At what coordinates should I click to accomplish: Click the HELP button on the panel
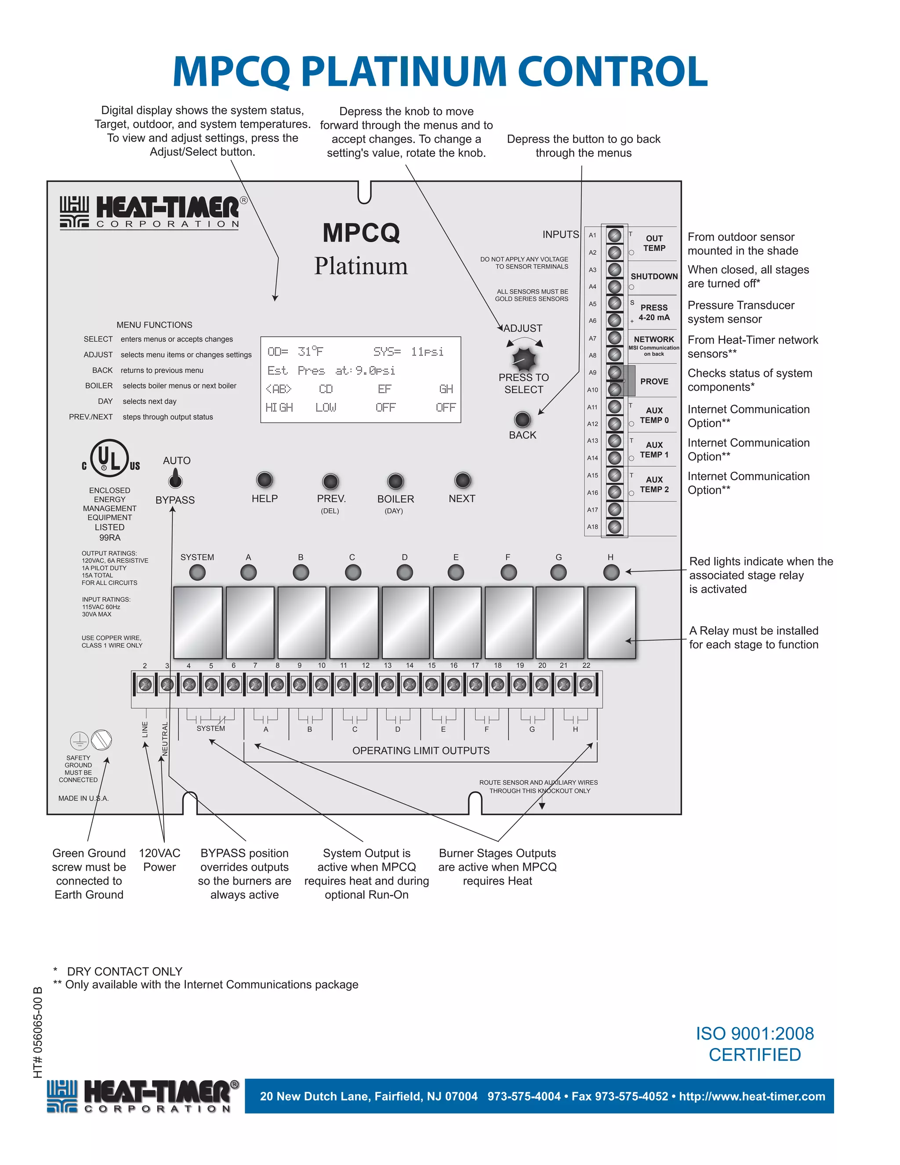tap(265, 480)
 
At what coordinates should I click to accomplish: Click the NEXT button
tap(462, 480)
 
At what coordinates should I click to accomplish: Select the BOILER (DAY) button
tap(395, 481)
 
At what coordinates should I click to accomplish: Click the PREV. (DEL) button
tap(330, 481)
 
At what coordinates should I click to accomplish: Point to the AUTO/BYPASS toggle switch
tap(175, 480)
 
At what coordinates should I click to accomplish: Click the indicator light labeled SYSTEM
tap(197, 572)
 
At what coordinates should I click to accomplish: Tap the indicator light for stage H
tap(611, 572)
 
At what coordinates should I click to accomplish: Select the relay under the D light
tap(405, 623)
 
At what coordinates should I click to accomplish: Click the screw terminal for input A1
tap(615, 235)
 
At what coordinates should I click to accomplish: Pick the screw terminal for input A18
tap(615, 527)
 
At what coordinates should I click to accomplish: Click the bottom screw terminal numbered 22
tap(586, 684)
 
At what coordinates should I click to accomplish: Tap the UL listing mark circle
tap(109, 458)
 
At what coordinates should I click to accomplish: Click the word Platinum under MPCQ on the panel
tap(361, 266)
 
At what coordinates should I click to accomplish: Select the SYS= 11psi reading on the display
tap(408, 352)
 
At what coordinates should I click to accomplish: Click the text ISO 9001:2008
tap(755, 1034)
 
